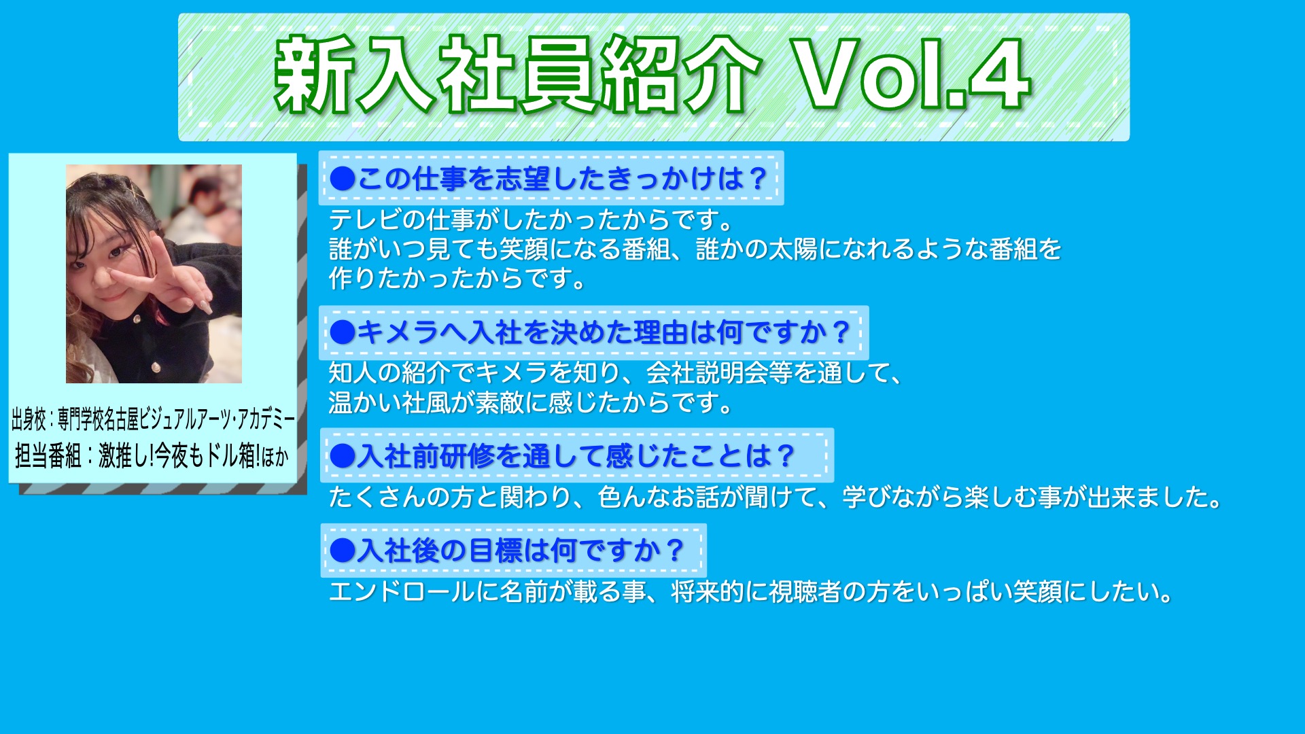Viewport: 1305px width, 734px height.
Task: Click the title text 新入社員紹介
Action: point(517,75)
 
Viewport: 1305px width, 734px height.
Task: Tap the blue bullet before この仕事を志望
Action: point(343,179)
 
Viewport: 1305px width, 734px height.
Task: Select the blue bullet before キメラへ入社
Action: point(343,332)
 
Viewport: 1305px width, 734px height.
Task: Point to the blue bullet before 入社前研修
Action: point(343,455)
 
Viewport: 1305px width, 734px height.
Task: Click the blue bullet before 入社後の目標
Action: point(343,550)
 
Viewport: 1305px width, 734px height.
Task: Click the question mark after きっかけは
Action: point(757,179)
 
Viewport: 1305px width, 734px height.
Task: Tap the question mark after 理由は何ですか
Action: point(841,332)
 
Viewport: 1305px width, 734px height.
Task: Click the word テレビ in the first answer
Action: point(366,220)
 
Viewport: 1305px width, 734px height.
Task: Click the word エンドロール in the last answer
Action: point(402,592)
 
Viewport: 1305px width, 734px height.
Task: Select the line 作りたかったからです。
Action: point(458,279)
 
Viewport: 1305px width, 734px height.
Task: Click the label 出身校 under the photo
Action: point(29,419)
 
